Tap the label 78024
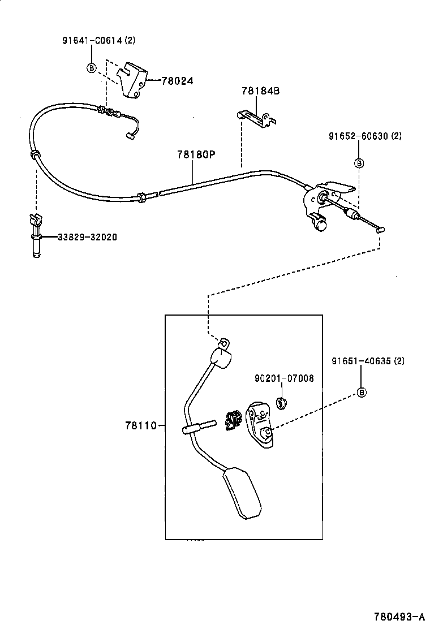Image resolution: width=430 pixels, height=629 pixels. (x=177, y=81)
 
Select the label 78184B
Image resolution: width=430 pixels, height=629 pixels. (x=260, y=91)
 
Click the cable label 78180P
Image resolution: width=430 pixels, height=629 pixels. (x=196, y=154)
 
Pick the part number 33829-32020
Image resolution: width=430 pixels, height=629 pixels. (x=87, y=238)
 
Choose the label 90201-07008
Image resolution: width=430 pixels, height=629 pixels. (x=283, y=378)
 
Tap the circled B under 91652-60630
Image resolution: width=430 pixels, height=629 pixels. (x=359, y=163)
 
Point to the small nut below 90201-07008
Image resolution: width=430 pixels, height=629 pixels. (x=280, y=403)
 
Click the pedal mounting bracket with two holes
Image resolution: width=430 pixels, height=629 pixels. (x=260, y=424)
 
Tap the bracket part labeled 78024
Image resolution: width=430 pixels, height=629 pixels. (x=135, y=79)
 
